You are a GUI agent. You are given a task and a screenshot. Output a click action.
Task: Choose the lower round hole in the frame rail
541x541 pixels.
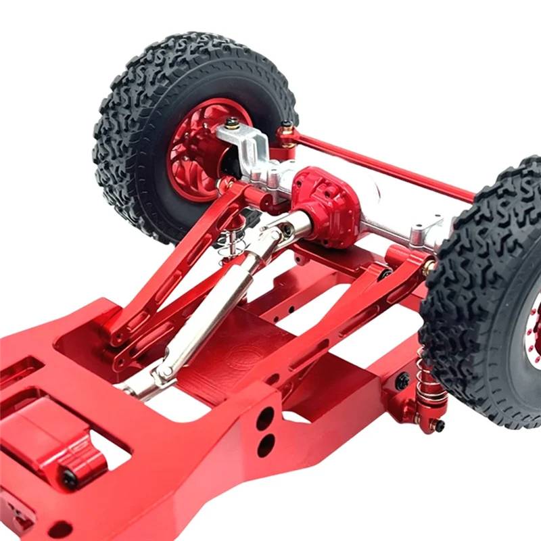click(x=266, y=444)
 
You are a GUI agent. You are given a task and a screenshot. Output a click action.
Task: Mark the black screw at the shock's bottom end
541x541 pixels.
click(x=439, y=426)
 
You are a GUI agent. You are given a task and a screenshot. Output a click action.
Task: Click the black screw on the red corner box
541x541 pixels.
click(x=69, y=479)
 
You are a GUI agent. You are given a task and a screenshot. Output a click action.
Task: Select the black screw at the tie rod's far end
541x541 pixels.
click(x=287, y=126)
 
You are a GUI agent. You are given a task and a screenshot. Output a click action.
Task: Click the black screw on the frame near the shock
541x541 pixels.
click(x=403, y=381)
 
